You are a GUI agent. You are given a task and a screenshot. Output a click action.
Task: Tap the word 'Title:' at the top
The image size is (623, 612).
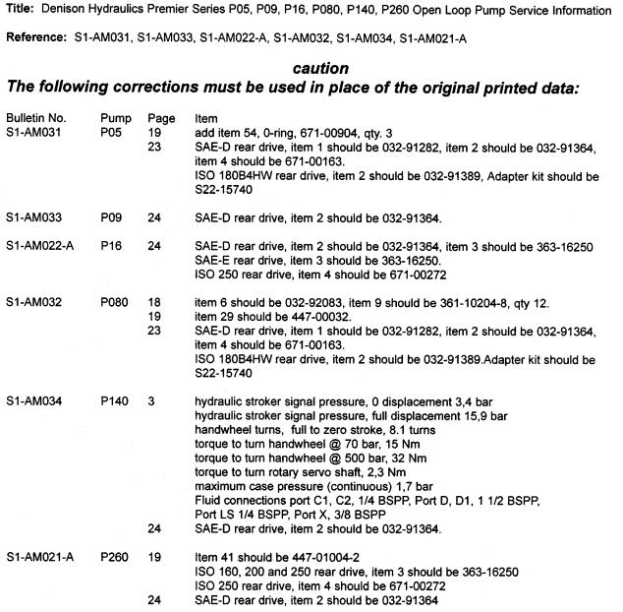click(17, 11)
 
